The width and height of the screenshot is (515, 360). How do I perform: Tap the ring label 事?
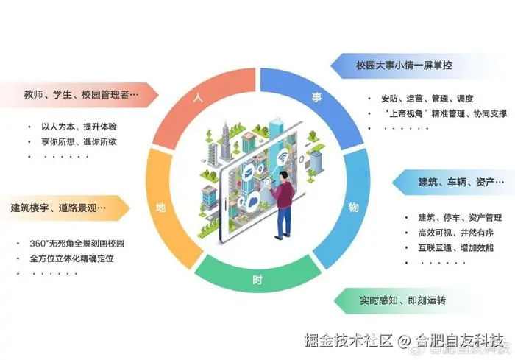317,96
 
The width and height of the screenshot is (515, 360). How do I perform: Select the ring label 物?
354,207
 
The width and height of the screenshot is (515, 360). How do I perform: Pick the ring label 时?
257,280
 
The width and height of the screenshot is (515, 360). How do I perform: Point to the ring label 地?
160,207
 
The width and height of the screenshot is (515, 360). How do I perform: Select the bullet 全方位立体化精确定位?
73,258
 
